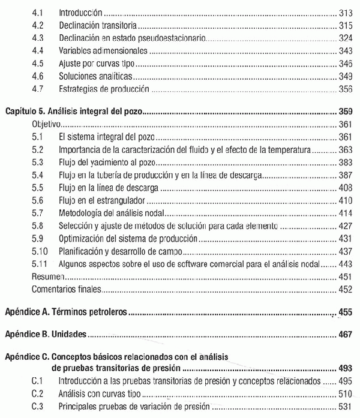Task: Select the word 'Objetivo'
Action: [x=46, y=125]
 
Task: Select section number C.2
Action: [x=38, y=393]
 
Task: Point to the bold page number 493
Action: [x=345, y=368]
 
